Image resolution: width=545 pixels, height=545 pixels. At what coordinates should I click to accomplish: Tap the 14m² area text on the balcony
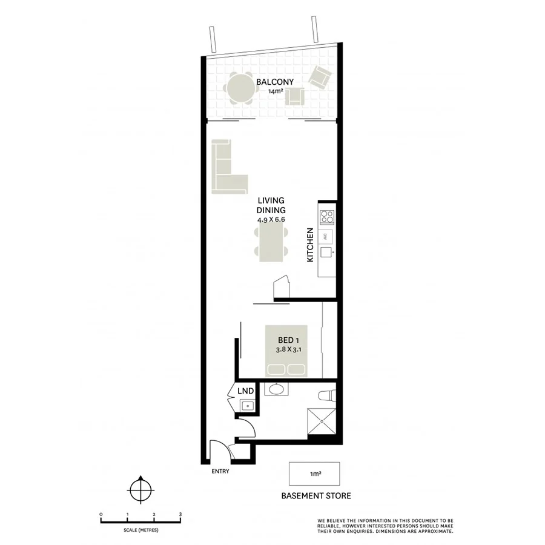275,91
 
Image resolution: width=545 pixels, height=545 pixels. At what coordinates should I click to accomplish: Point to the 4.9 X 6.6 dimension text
271,220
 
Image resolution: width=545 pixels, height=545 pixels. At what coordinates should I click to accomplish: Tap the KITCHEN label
310,245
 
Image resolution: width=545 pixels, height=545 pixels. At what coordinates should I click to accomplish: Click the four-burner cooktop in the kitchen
327,216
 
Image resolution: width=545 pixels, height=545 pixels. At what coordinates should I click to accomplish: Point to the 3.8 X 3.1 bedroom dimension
286,349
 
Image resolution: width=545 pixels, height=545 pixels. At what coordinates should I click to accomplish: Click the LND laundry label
245,391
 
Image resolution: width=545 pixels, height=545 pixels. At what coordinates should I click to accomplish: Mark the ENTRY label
220,472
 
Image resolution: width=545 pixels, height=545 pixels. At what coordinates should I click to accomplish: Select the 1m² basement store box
314,473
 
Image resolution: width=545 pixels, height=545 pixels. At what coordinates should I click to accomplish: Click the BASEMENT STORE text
315,496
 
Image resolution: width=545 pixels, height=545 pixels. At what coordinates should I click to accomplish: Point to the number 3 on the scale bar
180,514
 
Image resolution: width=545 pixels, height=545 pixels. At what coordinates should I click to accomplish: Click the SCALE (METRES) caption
140,530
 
